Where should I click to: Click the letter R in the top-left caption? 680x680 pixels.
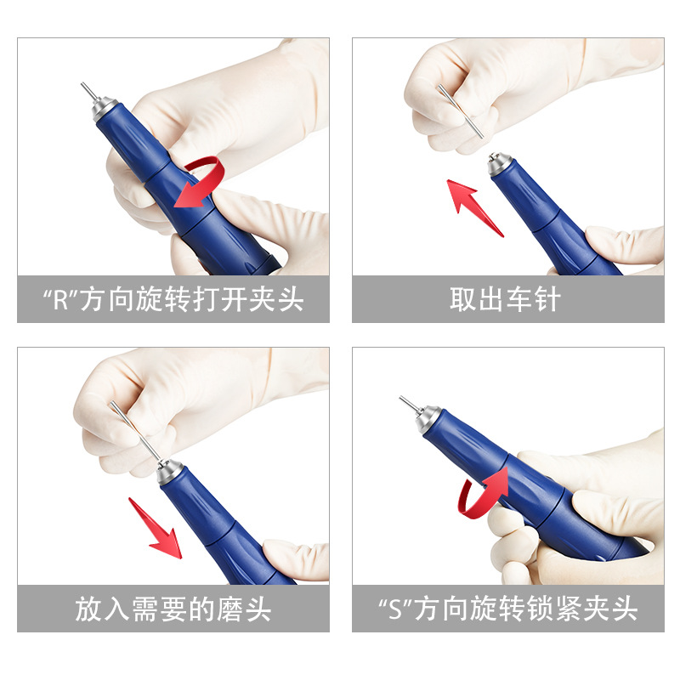click(60, 300)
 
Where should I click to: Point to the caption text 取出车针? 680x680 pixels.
click(508, 300)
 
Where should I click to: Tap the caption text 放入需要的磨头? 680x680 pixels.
click(173, 609)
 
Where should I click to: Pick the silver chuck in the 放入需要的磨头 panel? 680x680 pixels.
click(169, 470)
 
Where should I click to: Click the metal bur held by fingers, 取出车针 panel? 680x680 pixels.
click(460, 110)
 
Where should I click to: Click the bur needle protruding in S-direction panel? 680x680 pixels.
click(407, 404)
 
